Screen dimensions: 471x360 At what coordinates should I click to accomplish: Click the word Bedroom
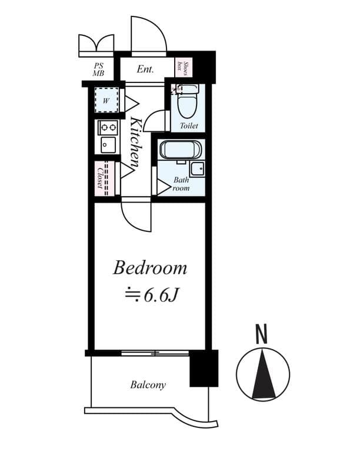150,268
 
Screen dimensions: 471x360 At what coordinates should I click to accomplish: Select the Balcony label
148,385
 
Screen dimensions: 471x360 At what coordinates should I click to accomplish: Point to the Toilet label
189,126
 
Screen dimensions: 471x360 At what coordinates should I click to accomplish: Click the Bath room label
181,184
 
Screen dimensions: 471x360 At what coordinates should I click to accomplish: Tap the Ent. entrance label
145,69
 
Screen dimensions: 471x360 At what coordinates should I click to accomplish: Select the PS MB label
98,69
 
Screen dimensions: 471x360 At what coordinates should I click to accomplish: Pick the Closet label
101,178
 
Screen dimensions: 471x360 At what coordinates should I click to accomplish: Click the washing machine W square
106,101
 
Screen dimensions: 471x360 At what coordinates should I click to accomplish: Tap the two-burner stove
107,127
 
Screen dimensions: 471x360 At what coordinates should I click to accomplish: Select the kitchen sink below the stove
107,145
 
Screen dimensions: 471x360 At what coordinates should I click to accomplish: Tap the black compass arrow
262,373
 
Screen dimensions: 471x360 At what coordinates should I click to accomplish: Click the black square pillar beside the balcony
204,368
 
